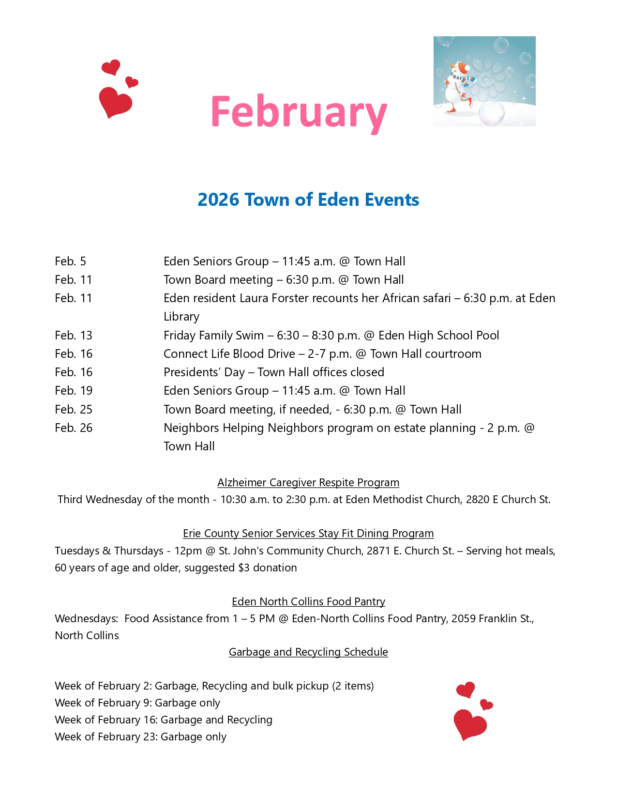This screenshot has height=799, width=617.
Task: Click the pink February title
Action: (299, 112)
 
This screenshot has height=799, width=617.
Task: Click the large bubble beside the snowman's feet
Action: (491, 114)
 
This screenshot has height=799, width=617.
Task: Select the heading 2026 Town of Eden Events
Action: (308, 200)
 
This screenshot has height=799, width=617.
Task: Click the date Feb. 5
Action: (70, 261)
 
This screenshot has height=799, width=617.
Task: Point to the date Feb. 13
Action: (74, 336)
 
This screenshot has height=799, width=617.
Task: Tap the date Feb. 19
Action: (74, 391)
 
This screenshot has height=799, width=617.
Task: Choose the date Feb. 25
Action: (74, 410)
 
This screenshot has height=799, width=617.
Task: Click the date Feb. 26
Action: (74, 428)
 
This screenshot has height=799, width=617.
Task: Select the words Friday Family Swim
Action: (213, 336)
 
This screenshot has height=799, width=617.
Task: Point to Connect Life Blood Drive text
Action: (229, 354)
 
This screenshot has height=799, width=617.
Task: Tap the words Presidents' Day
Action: (204, 372)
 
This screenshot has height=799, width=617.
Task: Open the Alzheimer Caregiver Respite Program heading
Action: (308, 483)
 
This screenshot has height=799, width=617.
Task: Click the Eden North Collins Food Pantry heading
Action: (308, 602)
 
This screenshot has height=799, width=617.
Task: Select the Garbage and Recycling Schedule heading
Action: (308, 652)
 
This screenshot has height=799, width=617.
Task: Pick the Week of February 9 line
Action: (137, 703)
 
